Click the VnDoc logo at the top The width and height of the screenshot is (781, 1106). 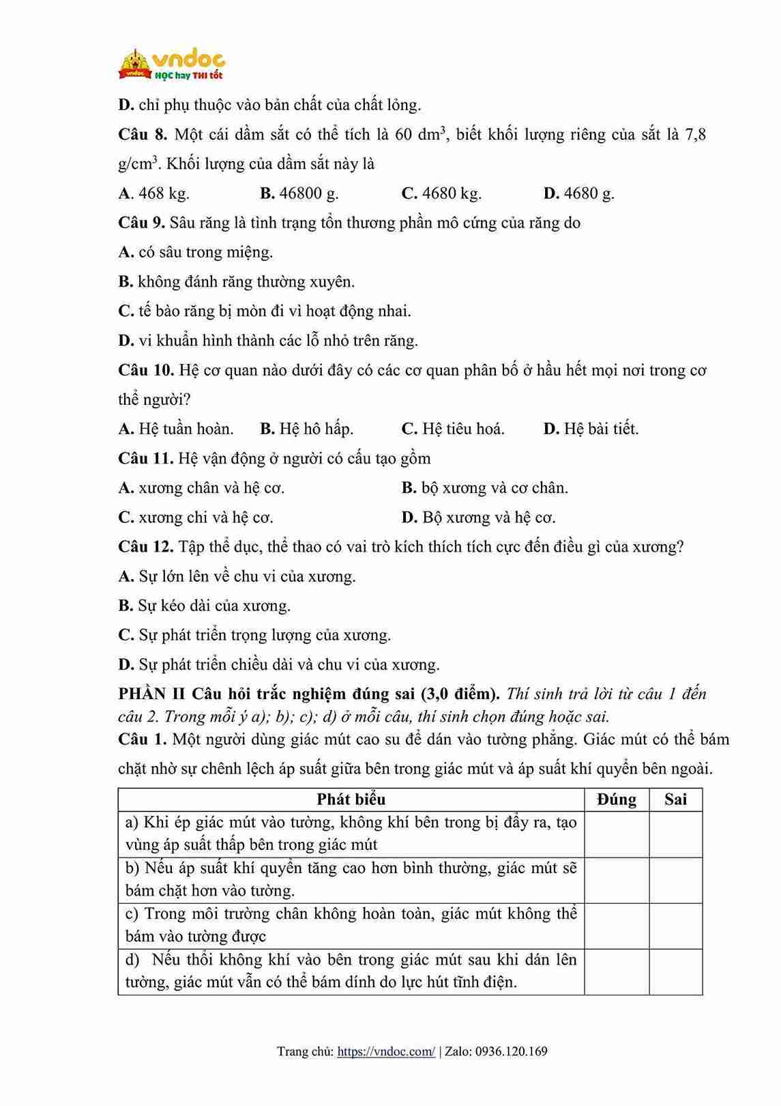(x=172, y=65)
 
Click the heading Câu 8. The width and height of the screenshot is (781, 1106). (x=142, y=134)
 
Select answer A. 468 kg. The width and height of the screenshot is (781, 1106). (x=154, y=194)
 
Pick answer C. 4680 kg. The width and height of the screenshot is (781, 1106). (x=441, y=194)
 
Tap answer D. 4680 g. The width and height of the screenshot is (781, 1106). (x=579, y=194)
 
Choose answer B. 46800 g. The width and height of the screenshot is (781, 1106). (x=299, y=194)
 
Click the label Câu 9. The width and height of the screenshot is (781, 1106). (x=141, y=223)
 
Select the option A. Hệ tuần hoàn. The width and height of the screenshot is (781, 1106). (x=176, y=429)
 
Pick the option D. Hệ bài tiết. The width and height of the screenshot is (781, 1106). (x=591, y=429)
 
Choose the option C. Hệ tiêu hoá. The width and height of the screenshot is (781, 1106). (x=453, y=429)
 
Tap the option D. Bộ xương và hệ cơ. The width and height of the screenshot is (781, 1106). (x=479, y=517)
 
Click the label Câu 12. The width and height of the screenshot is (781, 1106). (x=145, y=547)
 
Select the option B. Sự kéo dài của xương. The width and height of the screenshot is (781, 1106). (x=205, y=606)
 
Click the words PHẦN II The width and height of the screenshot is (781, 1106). (x=151, y=694)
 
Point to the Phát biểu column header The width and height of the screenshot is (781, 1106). (x=351, y=799)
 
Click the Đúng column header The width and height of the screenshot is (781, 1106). (x=617, y=799)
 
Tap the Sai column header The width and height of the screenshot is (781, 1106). (x=675, y=799)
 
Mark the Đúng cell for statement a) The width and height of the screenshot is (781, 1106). (x=617, y=834)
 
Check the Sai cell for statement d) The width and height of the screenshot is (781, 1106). (x=675, y=972)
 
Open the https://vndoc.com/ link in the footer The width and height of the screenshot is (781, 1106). (x=386, y=1051)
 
